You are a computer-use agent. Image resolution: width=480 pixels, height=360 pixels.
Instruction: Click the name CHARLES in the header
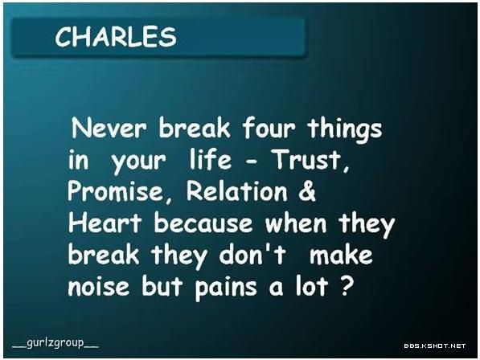116,37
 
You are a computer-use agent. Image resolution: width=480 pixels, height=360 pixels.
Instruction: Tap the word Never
109,128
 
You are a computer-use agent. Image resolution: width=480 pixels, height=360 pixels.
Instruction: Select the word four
269,127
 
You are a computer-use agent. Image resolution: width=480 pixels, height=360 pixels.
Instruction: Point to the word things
345,129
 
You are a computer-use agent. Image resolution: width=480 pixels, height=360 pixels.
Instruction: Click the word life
211,159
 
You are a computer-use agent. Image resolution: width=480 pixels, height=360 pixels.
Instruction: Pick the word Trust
310,160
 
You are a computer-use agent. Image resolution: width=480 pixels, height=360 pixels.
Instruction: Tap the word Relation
237,191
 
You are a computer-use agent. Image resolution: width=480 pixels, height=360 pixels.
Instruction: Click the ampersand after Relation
307,191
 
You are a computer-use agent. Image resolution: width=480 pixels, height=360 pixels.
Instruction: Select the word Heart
105,223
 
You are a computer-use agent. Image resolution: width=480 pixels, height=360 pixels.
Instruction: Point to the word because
203,223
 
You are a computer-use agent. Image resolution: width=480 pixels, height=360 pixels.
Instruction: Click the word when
296,223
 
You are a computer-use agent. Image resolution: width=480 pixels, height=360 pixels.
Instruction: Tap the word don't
252,254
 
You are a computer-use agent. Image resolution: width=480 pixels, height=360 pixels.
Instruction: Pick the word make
341,255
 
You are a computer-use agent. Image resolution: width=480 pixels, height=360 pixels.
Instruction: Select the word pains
226,288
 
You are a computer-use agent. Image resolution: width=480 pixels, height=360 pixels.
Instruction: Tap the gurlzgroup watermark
55,343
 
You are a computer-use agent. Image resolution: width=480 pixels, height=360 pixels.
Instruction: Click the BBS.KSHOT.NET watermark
435,346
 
